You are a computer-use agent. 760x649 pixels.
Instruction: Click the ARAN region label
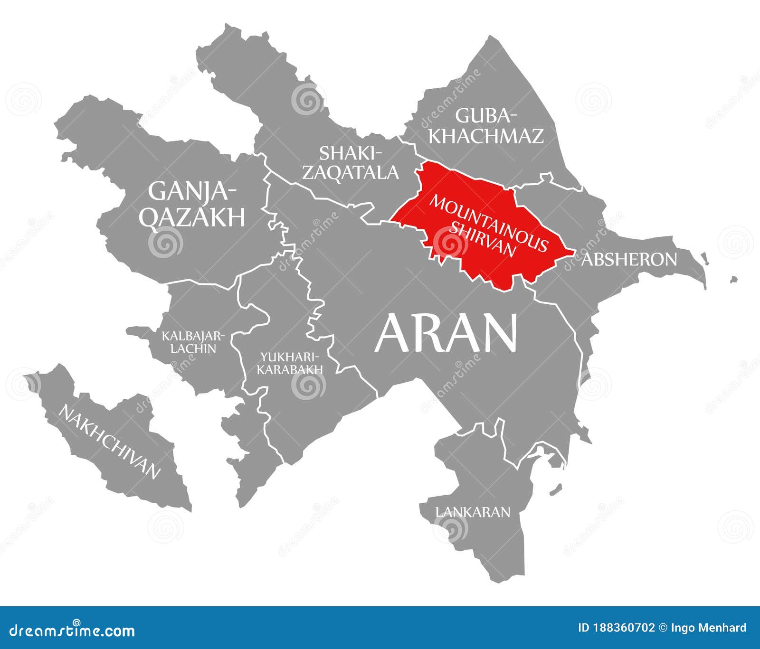(x=446, y=334)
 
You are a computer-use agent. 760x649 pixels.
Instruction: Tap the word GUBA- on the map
(x=485, y=115)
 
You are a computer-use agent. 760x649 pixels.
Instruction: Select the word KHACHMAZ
(x=486, y=136)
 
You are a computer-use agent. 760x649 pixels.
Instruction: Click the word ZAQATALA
(x=351, y=172)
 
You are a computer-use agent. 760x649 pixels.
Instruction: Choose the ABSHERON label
(x=629, y=259)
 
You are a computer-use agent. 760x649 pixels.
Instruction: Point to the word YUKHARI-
(x=289, y=357)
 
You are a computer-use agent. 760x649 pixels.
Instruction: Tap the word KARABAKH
(x=290, y=369)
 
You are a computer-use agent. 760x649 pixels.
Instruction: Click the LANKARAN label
(x=473, y=512)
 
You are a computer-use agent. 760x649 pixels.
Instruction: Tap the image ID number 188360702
(x=623, y=628)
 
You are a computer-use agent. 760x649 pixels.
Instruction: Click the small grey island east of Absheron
(x=734, y=280)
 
